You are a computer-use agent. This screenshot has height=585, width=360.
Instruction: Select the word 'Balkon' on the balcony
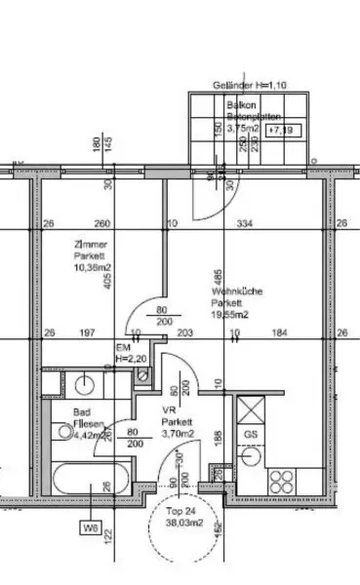coord(241,104)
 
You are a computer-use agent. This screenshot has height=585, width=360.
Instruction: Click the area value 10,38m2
coord(93,267)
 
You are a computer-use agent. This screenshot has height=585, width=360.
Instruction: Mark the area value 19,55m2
coord(230,315)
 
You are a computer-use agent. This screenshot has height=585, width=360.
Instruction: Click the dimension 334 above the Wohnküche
coord(245,224)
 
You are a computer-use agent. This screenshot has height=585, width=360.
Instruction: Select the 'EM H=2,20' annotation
coord(129,353)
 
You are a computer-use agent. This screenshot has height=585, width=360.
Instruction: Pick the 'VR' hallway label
coord(170,411)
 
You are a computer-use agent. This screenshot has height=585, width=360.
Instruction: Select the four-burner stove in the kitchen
coord(282,482)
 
